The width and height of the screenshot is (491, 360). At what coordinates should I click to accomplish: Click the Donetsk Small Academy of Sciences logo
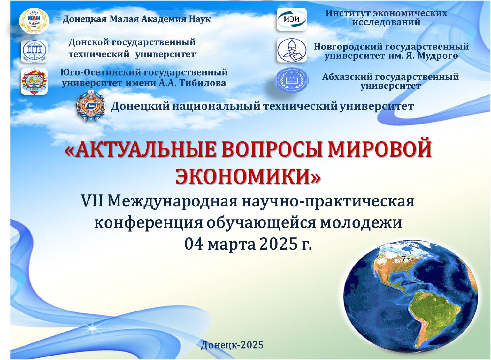[x=34, y=21]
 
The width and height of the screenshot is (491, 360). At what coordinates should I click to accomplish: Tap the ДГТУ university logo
[x=34, y=51]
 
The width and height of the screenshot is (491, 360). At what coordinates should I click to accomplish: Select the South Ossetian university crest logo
[x=34, y=81]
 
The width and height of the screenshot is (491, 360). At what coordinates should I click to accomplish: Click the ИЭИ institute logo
[x=291, y=19]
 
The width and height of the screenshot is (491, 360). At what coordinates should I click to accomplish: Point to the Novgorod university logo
[x=291, y=50]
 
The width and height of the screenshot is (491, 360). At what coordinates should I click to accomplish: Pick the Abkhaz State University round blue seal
[x=292, y=80]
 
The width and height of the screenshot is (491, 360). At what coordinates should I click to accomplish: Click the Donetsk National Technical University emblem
[x=90, y=106]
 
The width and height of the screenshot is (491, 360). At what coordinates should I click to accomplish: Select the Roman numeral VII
[x=92, y=201]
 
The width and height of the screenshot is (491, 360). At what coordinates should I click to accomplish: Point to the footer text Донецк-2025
[x=232, y=345]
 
